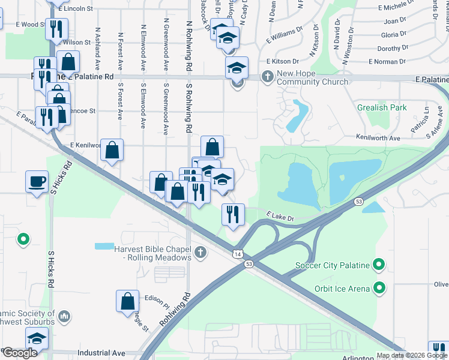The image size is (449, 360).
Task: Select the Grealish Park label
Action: pos(381,108)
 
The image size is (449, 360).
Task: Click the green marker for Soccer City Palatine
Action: pos(379,264)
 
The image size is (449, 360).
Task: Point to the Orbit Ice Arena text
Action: pos(341,289)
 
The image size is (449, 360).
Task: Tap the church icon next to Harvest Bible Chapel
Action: pos(200,253)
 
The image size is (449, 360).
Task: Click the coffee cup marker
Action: pos(37,181)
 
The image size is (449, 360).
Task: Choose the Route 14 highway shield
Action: pos(238,254)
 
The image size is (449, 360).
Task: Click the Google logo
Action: pos(19,353)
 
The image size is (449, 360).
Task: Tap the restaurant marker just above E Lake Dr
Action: pos(233,214)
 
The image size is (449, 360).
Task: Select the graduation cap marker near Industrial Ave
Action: pos(37,339)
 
